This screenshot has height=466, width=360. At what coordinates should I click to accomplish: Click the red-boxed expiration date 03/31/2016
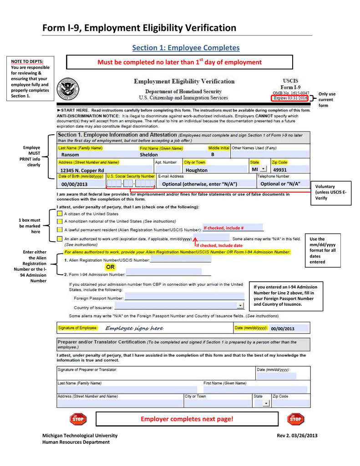click(x=290, y=98)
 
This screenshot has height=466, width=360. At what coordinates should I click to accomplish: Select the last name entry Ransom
click(x=70, y=155)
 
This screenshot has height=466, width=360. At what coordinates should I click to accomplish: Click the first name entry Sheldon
click(x=149, y=155)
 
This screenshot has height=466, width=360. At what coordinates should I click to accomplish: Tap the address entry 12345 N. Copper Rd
click(x=82, y=170)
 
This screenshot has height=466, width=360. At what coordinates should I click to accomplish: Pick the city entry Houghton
click(x=197, y=170)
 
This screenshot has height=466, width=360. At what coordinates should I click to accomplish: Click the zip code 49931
click(x=280, y=170)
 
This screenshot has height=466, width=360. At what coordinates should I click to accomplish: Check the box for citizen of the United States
click(x=60, y=213)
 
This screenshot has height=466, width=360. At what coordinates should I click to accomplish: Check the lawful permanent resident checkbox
click(x=60, y=230)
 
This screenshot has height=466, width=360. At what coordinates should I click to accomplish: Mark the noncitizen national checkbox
click(x=60, y=222)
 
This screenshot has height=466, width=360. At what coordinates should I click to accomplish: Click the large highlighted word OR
click(x=110, y=267)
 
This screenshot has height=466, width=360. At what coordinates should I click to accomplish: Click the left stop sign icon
click(x=78, y=419)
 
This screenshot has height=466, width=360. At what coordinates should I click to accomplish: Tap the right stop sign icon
click(x=295, y=419)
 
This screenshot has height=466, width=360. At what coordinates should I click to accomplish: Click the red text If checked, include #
click(x=223, y=228)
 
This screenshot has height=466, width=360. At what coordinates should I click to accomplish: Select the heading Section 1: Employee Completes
click(x=185, y=48)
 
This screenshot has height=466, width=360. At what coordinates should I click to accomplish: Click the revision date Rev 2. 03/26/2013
click(x=297, y=436)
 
